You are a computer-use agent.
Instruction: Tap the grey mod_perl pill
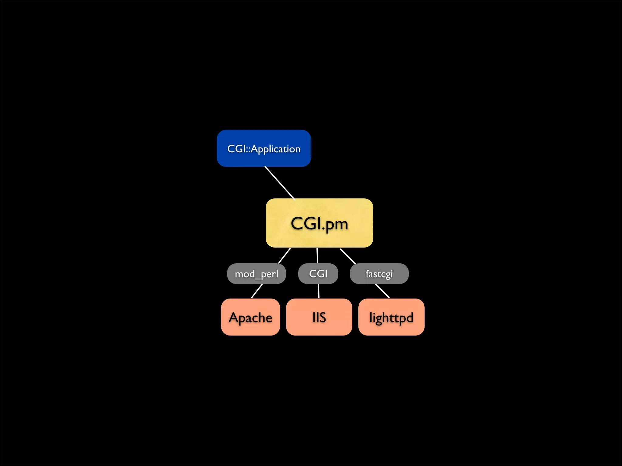[x=256, y=274]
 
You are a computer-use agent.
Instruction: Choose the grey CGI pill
[x=318, y=274]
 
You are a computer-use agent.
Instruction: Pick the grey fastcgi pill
[x=379, y=274]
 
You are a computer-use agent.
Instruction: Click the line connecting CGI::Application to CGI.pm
[x=280, y=183]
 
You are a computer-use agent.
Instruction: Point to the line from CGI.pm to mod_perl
[x=284, y=256]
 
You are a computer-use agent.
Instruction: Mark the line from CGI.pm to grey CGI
[x=317, y=256]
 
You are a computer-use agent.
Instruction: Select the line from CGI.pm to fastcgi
[x=348, y=256]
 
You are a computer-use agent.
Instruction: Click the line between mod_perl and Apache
[x=257, y=291]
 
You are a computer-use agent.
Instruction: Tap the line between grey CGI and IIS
[x=319, y=291]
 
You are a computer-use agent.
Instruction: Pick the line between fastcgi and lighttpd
[x=382, y=291]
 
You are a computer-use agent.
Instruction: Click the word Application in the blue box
[x=275, y=149]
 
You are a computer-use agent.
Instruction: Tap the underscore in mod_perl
[x=258, y=278]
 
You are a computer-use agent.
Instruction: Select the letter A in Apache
[x=234, y=318]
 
